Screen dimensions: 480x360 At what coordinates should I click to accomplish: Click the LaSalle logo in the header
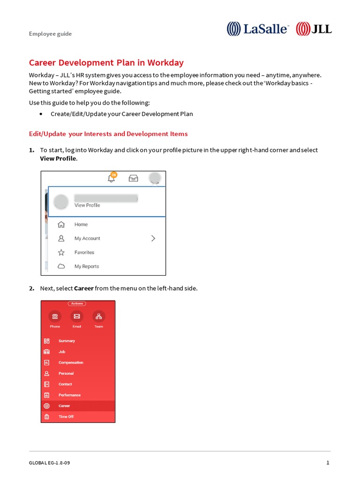[x=258, y=29]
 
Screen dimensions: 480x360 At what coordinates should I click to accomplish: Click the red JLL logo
[x=314, y=29]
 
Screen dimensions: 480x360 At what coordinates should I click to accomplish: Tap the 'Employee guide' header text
[x=50, y=34]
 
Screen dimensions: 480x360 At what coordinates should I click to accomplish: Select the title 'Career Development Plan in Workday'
[x=106, y=63]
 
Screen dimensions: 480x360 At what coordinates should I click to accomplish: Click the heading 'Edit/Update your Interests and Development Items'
[x=108, y=134]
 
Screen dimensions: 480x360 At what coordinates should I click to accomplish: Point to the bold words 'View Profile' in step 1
[x=58, y=158]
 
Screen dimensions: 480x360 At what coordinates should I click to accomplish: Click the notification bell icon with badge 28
[x=112, y=178]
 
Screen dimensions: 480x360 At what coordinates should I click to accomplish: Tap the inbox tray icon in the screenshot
[x=134, y=178]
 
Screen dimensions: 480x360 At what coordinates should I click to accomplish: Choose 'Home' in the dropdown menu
[x=81, y=225]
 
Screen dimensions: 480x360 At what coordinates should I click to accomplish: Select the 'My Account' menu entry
[x=87, y=239]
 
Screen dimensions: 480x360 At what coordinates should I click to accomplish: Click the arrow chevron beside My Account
[x=153, y=238]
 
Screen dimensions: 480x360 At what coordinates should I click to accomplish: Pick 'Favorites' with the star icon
[x=84, y=253]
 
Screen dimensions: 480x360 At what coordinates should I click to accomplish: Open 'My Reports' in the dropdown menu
[x=87, y=266]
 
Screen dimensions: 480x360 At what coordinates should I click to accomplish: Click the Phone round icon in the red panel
[x=55, y=316]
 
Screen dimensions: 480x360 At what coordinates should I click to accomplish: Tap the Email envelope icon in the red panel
[x=77, y=316]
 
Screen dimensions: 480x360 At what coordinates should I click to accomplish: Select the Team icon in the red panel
[x=98, y=316]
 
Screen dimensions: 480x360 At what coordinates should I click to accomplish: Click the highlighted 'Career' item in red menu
[x=64, y=406]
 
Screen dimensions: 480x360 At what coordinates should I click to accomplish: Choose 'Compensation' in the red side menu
[x=71, y=363]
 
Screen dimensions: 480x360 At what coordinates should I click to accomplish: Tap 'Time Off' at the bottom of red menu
[x=66, y=417]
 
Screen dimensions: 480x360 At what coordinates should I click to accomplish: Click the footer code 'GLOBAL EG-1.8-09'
[x=49, y=463]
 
